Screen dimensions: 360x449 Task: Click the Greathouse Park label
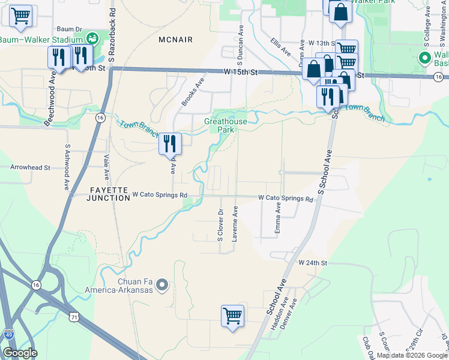pyautogui.click(x=226, y=125)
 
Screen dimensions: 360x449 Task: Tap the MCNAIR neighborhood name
pyautogui.click(x=176, y=40)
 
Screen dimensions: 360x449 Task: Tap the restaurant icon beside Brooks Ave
pyautogui.click(x=170, y=143)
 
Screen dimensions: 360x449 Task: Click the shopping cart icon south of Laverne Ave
pyautogui.click(x=232, y=314)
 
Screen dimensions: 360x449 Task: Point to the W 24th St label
pyautogui.click(x=313, y=263)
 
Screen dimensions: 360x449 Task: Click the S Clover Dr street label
pyautogui.click(x=220, y=225)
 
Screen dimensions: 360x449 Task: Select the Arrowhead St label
pyautogui.click(x=29, y=169)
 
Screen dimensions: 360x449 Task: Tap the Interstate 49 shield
pyautogui.click(x=8, y=334)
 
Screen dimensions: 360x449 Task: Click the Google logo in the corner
pyautogui.click(x=20, y=353)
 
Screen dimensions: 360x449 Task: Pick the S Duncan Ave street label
pyautogui.click(x=240, y=45)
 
